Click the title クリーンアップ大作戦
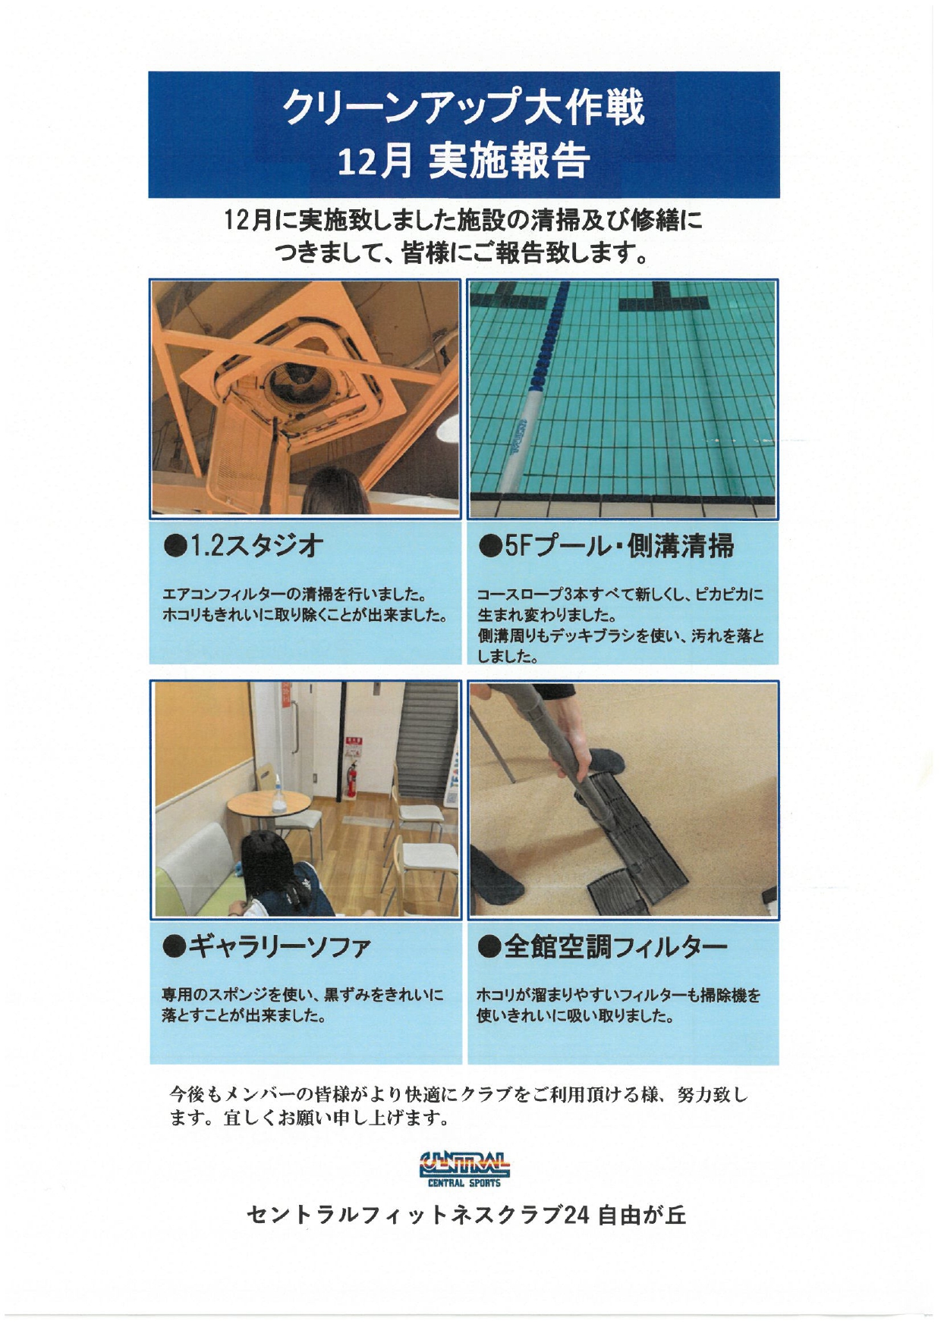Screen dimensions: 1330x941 464,107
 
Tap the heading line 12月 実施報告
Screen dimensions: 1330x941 464,161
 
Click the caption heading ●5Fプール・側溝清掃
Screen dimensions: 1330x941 607,545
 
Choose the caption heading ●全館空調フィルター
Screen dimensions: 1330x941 603,946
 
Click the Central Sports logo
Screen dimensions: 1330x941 464,1168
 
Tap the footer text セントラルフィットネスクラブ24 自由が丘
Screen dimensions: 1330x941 466,1216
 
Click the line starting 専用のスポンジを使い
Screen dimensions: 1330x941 302,993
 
